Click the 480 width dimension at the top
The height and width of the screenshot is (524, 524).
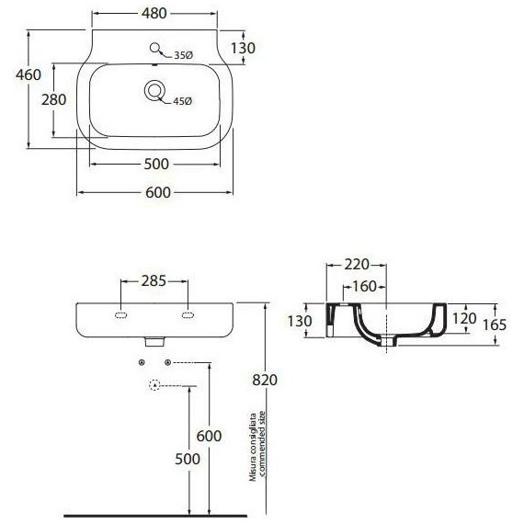click(x=154, y=14)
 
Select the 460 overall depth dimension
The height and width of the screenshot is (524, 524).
click(x=28, y=74)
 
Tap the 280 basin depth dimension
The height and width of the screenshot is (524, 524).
click(x=54, y=99)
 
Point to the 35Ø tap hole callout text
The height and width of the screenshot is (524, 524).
click(x=184, y=55)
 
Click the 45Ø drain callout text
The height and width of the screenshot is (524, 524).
click(x=182, y=101)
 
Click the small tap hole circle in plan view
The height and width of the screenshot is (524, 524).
click(x=154, y=48)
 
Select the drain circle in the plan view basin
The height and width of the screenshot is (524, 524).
click(x=154, y=90)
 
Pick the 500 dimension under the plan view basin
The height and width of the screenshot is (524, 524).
click(x=156, y=164)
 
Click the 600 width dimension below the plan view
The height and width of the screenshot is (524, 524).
click(x=158, y=192)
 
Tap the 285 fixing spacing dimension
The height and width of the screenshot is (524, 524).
click(x=154, y=281)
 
